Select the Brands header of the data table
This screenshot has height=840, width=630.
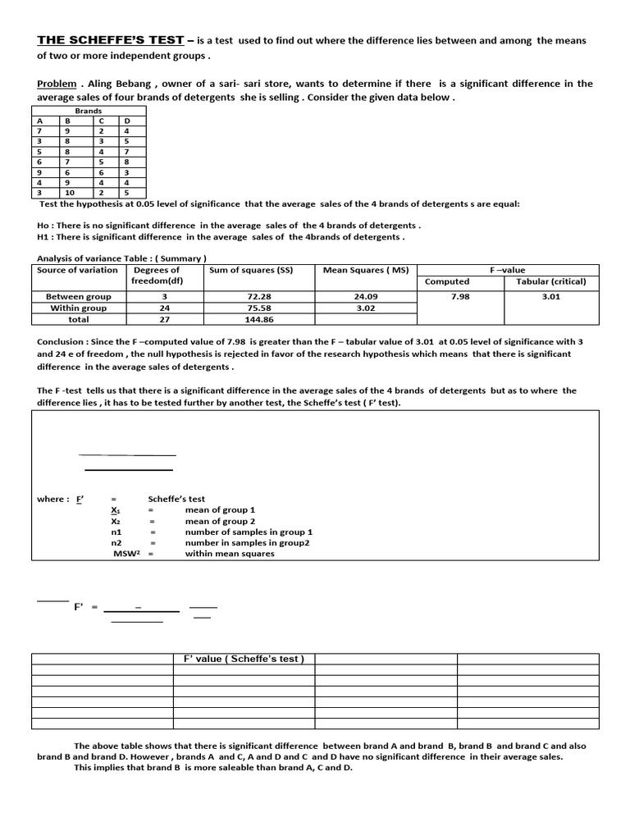coord(88,110)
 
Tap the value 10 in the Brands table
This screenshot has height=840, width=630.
coord(71,194)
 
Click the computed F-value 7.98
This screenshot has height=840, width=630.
coord(460,296)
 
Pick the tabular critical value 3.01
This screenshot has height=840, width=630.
coord(550,296)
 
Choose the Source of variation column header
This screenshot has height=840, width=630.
coord(77,270)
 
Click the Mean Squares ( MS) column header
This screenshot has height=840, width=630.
coord(366,270)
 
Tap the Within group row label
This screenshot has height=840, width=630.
coord(78,308)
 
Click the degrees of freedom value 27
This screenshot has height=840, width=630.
coord(164,320)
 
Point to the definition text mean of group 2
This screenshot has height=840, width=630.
coord(220,521)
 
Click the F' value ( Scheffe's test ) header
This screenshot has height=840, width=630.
coord(244,659)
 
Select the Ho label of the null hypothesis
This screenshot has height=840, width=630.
coord(44,225)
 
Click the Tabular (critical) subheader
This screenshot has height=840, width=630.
coord(550,281)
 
